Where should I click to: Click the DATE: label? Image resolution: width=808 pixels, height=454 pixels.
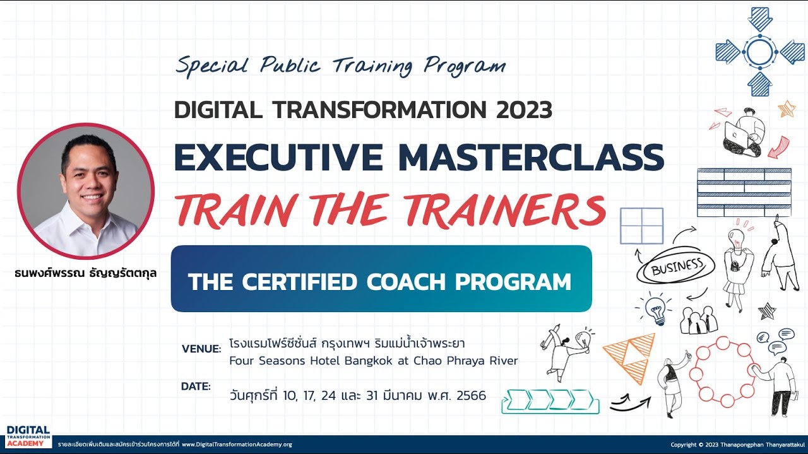click(x=196, y=387)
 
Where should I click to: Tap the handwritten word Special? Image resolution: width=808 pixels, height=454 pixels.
click(x=213, y=65)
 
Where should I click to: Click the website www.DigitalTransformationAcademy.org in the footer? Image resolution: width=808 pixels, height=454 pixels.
click(x=237, y=445)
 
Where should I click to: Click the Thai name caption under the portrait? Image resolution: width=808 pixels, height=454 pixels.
click(x=85, y=274)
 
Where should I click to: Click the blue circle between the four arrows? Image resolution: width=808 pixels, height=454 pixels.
click(x=760, y=52)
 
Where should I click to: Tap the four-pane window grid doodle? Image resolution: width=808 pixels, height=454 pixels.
click(x=642, y=225)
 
